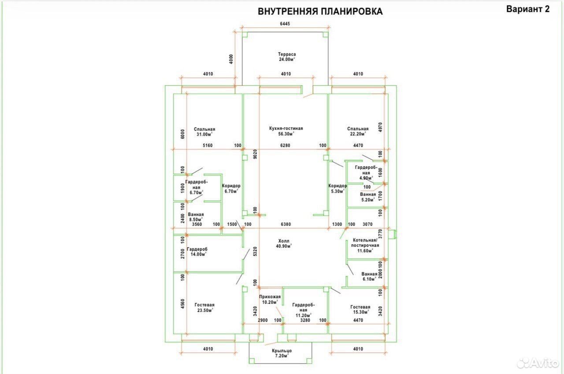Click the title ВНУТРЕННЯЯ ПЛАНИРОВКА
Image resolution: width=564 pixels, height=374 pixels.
click(x=320, y=11)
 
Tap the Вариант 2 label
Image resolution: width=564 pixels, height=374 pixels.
click(x=528, y=9)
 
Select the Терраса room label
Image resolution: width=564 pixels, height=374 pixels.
click(x=287, y=54)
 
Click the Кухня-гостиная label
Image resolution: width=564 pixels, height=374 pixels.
click(x=286, y=128)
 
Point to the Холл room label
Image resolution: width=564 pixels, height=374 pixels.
click(x=284, y=241)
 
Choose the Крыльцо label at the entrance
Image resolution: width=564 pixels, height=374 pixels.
click(x=282, y=351)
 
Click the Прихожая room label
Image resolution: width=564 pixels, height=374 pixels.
click(x=270, y=297)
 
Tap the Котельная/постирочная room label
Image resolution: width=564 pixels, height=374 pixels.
click(x=365, y=242)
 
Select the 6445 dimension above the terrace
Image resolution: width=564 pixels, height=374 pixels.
click(x=285, y=24)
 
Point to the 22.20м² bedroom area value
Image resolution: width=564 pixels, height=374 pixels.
click(x=358, y=134)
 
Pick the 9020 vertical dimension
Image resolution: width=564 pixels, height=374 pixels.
click(x=255, y=154)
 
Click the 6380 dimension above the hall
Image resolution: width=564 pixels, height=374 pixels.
click(x=286, y=224)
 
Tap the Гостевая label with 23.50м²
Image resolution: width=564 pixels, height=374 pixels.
click(x=204, y=305)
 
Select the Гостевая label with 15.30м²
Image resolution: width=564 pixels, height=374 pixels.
click(x=360, y=307)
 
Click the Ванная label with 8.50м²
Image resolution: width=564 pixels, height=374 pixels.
click(x=196, y=215)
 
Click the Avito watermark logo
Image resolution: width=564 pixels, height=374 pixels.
click(x=538, y=363)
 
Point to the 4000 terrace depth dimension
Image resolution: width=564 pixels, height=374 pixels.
click(x=231, y=59)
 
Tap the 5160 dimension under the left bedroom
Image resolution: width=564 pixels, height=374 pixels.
click(x=208, y=145)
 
